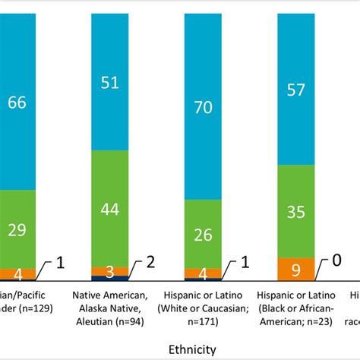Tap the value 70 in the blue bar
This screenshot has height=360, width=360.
click(204, 108)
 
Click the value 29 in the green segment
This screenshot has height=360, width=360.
click(17, 230)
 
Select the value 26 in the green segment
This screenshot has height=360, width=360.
click(204, 234)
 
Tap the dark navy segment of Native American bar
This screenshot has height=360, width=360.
click(109, 279)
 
